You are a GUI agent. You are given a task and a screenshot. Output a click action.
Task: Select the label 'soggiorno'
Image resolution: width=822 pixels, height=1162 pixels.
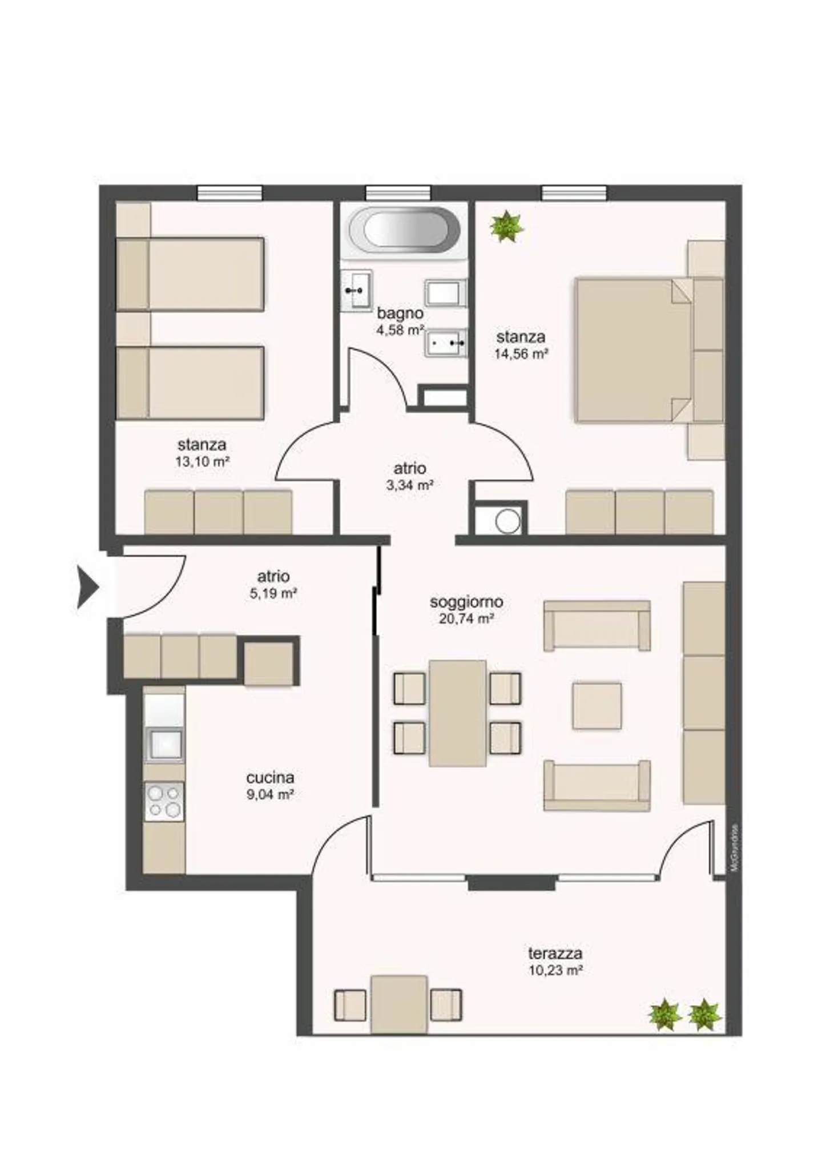tap(466, 601)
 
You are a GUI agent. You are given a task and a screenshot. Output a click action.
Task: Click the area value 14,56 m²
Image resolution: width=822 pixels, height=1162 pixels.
tap(521, 353)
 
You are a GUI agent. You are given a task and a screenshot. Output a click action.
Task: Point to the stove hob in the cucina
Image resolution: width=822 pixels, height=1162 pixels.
tap(164, 801)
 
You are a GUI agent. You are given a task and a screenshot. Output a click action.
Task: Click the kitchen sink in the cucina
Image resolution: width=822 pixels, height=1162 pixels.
tap(164, 744)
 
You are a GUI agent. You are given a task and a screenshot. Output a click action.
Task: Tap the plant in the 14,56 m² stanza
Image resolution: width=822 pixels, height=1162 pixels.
tap(507, 226)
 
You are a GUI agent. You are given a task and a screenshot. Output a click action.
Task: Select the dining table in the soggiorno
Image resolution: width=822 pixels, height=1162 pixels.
tap(457, 713)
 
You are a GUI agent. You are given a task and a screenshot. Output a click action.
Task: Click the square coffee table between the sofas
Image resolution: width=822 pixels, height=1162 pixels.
tap(597, 705)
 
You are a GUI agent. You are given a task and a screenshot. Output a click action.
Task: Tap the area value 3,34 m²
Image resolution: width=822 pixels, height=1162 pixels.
tap(409, 485)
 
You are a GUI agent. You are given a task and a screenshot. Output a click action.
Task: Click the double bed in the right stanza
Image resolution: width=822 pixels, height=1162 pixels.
tap(634, 350)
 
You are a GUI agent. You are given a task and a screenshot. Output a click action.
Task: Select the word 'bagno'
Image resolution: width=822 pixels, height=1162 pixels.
tap(400, 313)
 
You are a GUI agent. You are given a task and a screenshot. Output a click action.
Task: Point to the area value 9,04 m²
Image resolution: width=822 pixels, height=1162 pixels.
tap(270, 794)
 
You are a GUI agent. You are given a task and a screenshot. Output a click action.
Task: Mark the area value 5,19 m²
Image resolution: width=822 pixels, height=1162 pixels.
tap(273, 593)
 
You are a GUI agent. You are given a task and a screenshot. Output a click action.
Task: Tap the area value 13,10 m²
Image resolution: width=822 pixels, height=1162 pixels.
tap(202, 461)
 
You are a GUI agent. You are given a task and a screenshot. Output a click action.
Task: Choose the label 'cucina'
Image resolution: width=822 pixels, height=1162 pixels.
tap(270, 777)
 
